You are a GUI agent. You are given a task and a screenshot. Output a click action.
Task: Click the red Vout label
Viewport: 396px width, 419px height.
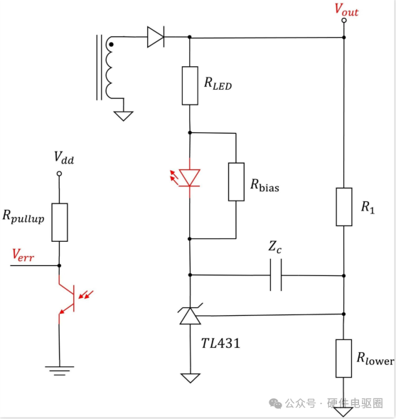pyautogui.click(x=346, y=10)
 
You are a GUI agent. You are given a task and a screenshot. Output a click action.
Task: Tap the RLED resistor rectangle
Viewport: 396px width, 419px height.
pyautogui.click(x=190, y=85)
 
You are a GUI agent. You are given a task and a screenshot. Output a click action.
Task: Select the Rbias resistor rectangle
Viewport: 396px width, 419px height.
pyautogui.click(x=236, y=181)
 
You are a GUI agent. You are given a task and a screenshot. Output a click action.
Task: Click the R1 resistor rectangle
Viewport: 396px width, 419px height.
pyautogui.click(x=344, y=207)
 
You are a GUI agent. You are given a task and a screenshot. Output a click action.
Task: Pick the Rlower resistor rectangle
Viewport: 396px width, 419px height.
pyautogui.click(x=343, y=359)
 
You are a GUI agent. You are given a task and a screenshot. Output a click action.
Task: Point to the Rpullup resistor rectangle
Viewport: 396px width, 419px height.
pyautogui.click(x=60, y=223)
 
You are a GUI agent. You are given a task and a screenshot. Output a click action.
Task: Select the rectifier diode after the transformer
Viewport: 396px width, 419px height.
pyautogui.click(x=156, y=37)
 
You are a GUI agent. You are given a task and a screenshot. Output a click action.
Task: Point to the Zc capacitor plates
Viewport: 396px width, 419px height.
pyautogui.click(x=276, y=275)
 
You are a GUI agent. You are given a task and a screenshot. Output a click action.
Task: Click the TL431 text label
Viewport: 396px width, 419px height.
pyautogui.click(x=220, y=344)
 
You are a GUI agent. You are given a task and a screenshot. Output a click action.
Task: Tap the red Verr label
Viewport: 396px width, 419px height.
pyautogui.click(x=23, y=255)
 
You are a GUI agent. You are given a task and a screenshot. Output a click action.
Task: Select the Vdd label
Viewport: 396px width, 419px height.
pyautogui.click(x=64, y=157)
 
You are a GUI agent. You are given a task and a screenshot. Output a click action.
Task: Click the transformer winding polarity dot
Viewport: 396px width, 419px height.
pyautogui.click(x=112, y=45)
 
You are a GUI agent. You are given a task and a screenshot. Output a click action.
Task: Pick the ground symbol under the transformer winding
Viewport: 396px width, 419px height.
pyautogui.click(x=124, y=116)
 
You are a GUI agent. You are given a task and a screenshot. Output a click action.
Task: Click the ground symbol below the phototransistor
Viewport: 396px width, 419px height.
pyautogui.click(x=60, y=371)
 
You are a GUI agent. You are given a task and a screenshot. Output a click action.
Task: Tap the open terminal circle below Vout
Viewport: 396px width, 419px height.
pyautogui.click(x=344, y=21)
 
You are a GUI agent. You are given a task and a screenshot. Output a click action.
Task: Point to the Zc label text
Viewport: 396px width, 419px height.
pyautogui.click(x=274, y=247)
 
